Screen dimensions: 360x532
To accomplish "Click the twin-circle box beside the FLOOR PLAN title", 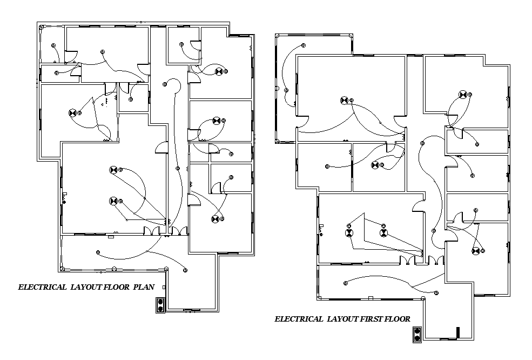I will tap(160, 305).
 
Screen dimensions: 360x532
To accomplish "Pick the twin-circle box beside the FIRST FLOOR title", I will tap(416, 335).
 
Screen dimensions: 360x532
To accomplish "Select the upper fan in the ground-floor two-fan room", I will tap(113, 170).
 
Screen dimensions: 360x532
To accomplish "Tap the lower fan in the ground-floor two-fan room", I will tap(113, 201).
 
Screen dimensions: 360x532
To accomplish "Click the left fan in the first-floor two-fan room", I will tap(349, 234).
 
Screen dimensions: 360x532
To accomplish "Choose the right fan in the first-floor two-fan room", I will tap(383, 234).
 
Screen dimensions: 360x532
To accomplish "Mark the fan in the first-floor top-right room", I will tap(462, 95).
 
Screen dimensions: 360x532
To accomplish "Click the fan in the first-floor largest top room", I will tap(344, 100).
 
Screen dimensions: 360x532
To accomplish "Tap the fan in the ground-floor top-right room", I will tap(219, 71).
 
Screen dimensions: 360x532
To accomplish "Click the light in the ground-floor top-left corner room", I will tap(53, 45).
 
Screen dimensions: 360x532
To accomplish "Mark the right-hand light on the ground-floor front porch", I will tap(185, 269).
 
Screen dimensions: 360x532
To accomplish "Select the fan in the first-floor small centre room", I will tap(374, 165).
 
